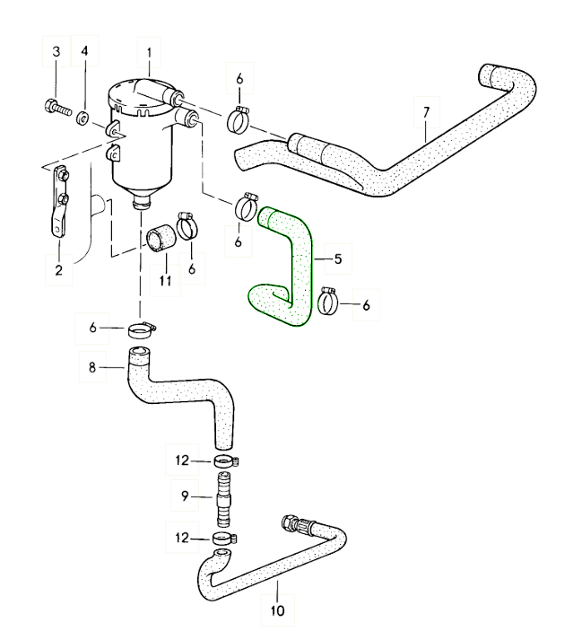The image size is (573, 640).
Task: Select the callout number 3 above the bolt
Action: pos(55,52)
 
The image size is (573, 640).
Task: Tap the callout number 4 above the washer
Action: pos(84,52)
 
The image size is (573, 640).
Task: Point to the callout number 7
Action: pos(427,112)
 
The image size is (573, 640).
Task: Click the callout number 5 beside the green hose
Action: pos(337,259)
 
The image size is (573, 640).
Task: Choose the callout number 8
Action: pos(92,366)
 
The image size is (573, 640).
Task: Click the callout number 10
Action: pos(277,612)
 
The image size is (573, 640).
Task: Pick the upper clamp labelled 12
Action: pos(224,461)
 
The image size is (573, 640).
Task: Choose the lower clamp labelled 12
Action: pos(223,539)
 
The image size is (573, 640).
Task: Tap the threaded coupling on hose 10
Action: pos(296,524)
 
